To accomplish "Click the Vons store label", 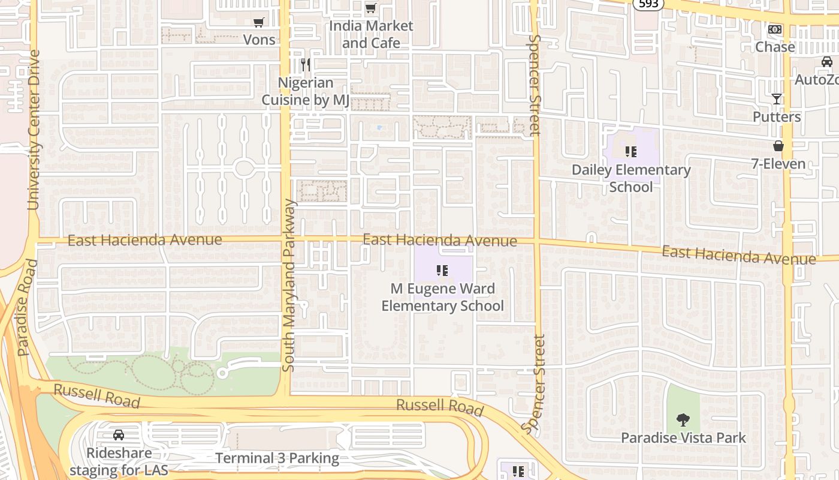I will coord(259,40).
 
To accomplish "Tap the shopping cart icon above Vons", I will coord(259,23).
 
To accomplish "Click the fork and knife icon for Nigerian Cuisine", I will coord(306,65).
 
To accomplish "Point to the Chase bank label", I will coord(775,47).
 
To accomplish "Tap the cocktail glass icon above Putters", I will coord(777,99).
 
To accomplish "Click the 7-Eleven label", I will coord(778,164).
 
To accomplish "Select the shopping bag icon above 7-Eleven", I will coord(778,146).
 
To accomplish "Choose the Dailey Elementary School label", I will coord(631,178).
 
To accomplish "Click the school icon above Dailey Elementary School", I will coord(630,152).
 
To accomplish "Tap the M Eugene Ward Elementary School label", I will coord(442,297).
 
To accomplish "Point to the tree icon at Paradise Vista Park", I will coord(683,419).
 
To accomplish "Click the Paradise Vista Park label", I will coord(683,437).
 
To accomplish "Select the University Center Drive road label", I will coord(34,130).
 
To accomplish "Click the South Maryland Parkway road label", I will coord(289,285).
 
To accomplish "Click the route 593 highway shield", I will coord(647,4).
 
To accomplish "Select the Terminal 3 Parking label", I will coord(277,458).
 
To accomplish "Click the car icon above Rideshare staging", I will coord(119,435).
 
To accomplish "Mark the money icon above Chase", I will coord(775,29).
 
